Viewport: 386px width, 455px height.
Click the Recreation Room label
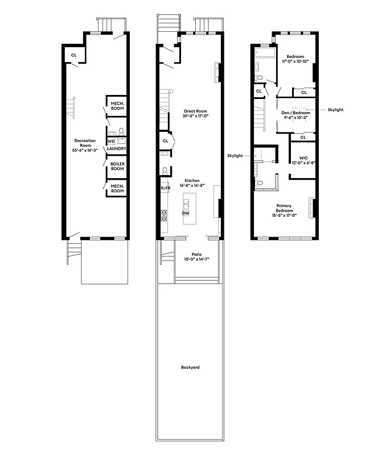[x=85, y=140]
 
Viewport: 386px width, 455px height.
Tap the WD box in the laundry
[x=111, y=140]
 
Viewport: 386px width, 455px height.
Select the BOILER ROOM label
[x=117, y=166]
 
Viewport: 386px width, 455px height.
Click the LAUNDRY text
[x=117, y=149]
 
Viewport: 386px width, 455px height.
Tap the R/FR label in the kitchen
[x=165, y=188]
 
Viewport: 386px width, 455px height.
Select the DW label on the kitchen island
[x=185, y=213]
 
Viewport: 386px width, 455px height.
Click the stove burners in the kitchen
[x=164, y=216]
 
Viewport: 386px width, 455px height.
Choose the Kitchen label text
[x=191, y=180]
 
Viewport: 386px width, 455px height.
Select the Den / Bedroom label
[x=296, y=113]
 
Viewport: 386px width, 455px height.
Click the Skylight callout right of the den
[x=335, y=109]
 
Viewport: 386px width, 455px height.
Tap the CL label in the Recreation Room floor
[x=73, y=55]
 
